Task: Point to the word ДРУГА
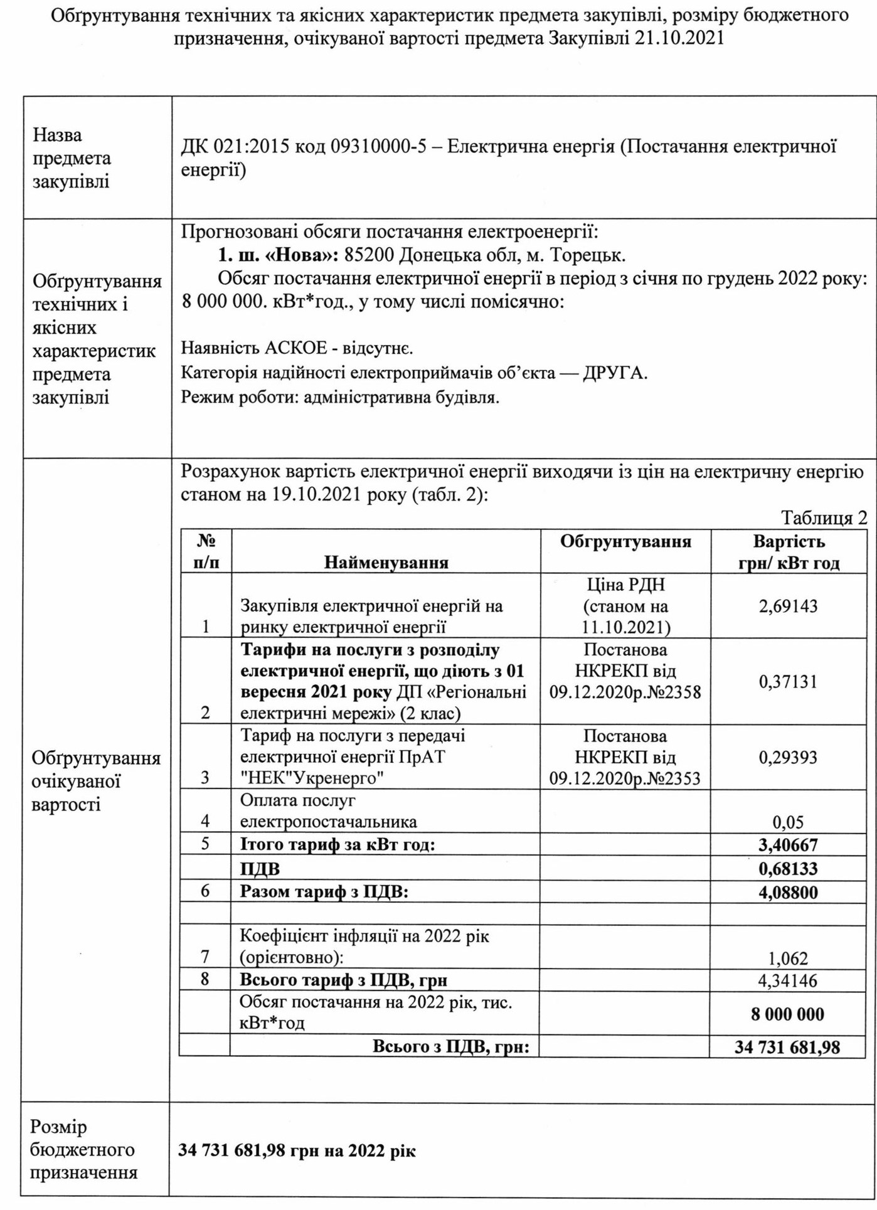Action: pos(614,373)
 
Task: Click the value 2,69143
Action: pos(788,606)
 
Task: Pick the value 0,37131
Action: pos(788,681)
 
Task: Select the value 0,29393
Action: pos(788,757)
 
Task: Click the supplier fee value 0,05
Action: pos(788,822)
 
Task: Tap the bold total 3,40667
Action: pos(788,845)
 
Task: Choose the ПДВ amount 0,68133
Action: pos(788,869)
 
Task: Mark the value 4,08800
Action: pos(788,892)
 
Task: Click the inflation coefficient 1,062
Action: pos(788,958)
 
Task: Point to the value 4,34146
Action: pos(788,980)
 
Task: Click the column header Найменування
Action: pos(386,562)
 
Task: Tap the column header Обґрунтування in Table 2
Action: pos(625,541)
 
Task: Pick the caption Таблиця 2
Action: pos(824,517)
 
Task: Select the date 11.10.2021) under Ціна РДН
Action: pos(625,627)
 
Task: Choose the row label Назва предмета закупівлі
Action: pos(72,158)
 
